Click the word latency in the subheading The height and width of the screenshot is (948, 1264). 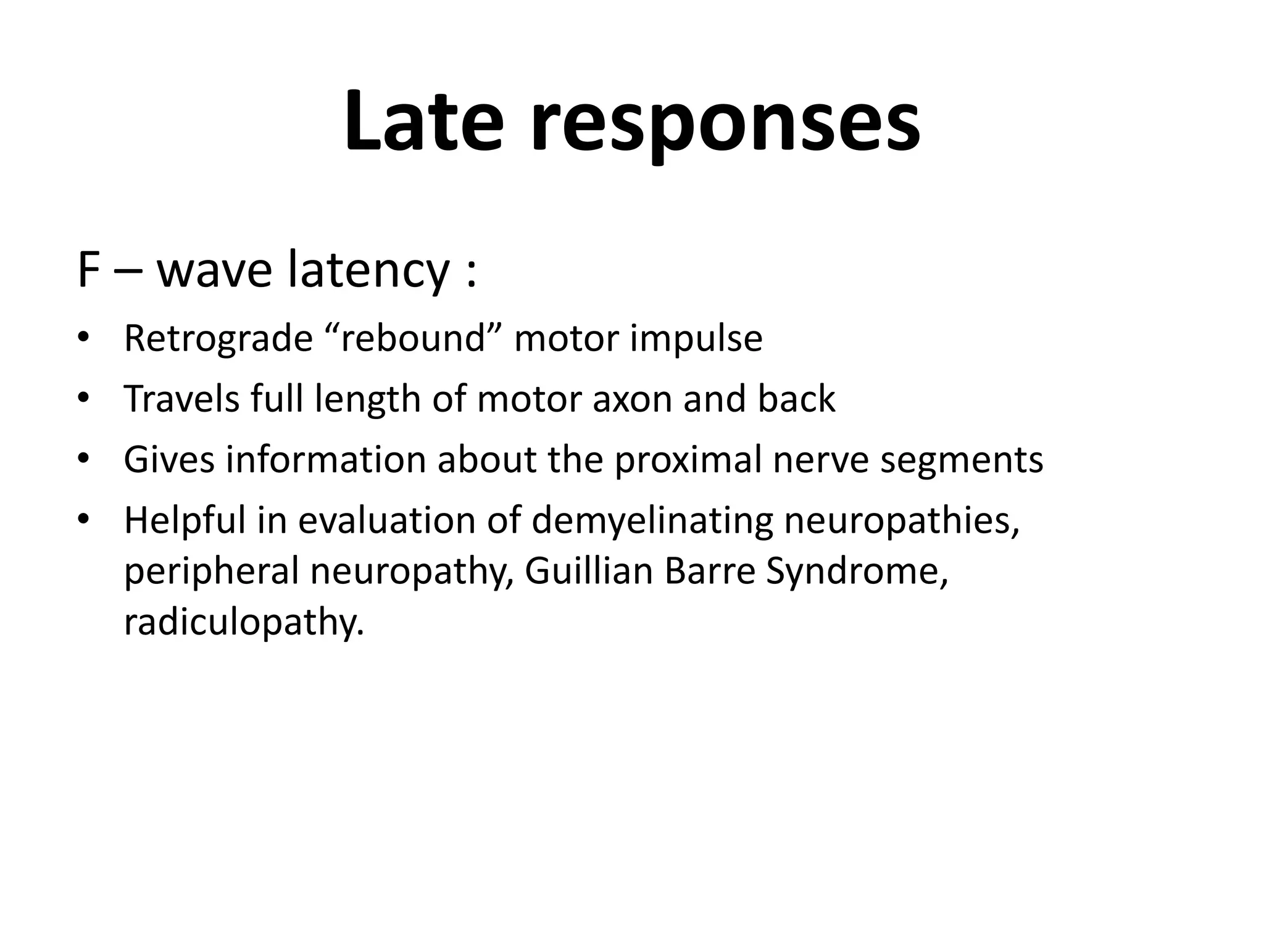[x=368, y=272]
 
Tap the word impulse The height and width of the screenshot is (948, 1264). [x=696, y=338]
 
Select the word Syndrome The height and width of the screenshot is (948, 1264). [x=855, y=571]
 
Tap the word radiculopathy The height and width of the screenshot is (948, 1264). [x=244, y=622]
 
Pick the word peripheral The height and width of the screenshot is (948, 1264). [x=211, y=571]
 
